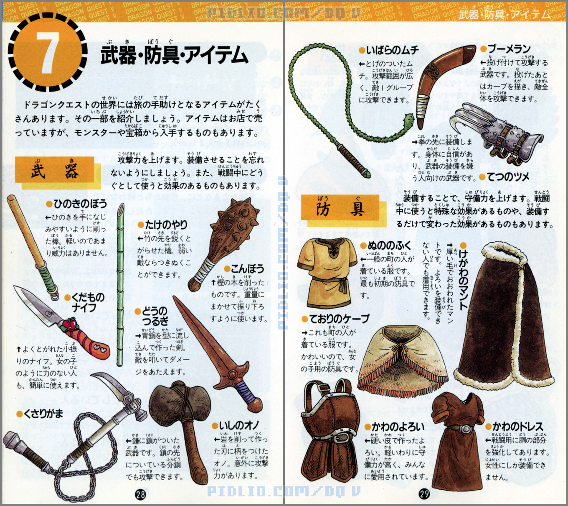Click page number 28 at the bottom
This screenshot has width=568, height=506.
click(140, 494)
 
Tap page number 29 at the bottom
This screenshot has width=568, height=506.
click(424, 494)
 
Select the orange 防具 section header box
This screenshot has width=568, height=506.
click(340, 207)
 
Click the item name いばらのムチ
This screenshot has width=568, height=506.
click(393, 50)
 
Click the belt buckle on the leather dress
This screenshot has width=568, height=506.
click(464, 429)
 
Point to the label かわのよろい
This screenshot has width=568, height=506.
click(398, 427)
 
